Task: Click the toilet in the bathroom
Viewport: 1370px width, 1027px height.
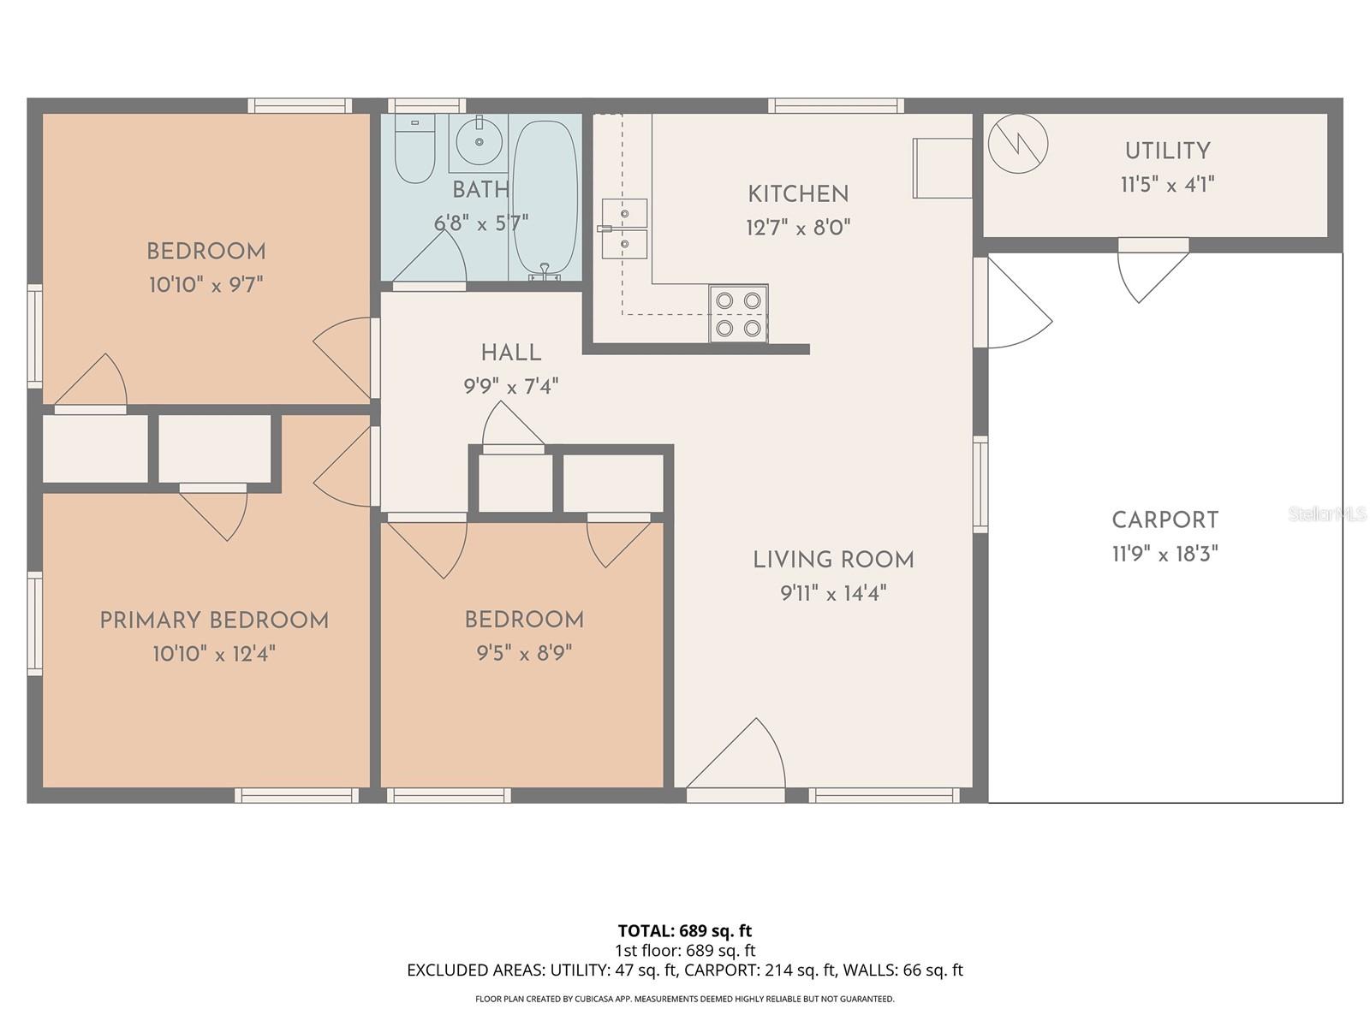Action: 415,151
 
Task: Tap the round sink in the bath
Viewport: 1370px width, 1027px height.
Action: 478,141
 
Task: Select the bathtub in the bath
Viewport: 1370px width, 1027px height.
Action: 545,197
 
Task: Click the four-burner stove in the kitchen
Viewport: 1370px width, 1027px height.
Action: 738,313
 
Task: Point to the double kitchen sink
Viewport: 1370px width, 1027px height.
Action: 623,229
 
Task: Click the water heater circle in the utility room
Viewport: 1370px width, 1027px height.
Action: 1018,143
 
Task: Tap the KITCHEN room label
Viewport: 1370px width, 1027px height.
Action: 798,194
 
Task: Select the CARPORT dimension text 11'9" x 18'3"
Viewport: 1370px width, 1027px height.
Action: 1164,555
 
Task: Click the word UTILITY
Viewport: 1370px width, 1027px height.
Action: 1167,151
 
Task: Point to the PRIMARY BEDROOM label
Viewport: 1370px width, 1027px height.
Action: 214,620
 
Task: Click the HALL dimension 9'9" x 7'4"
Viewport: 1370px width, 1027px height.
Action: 511,387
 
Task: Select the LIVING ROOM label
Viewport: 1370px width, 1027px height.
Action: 833,560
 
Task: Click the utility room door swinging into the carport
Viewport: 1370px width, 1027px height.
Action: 1150,272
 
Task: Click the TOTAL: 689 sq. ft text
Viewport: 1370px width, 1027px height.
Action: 685,930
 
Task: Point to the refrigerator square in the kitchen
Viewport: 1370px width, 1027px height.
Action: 942,168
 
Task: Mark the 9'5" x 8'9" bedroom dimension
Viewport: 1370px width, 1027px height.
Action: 524,654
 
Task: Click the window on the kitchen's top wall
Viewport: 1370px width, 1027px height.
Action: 836,106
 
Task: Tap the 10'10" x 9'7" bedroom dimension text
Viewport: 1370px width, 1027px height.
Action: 205,285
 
